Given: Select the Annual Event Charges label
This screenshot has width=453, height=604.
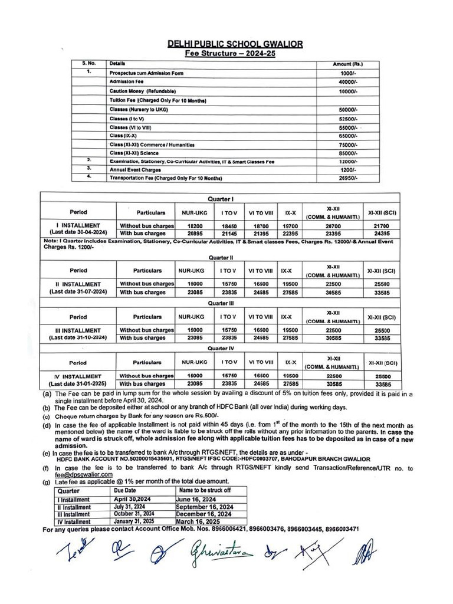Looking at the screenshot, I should pyautogui.click(x=135, y=170).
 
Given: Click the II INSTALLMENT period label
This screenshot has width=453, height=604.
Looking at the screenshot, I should pyautogui.click(x=78, y=284).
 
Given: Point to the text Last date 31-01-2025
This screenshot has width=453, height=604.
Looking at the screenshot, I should pyautogui.click(x=78, y=383).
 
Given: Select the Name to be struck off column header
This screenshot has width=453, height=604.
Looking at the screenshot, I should pyautogui.click(x=205, y=490).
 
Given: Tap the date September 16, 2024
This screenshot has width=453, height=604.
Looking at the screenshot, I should pyautogui.click(x=205, y=507).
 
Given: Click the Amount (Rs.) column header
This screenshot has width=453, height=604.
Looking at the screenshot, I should pyautogui.click(x=348, y=63).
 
